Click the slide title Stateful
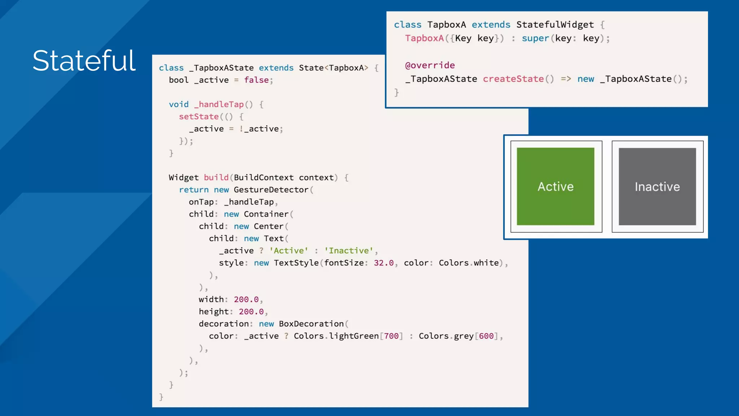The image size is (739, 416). (x=84, y=61)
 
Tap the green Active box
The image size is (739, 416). (x=555, y=186)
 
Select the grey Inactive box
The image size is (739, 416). (x=657, y=186)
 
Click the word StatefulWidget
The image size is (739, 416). (x=555, y=25)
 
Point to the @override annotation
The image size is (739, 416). (x=430, y=65)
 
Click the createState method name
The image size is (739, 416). (x=513, y=79)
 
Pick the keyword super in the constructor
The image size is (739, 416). (x=535, y=38)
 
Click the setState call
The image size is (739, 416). (x=199, y=117)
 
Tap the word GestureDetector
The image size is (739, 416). (x=271, y=190)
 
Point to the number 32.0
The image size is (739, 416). (x=384, y=263)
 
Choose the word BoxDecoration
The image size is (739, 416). (x=311, y=324)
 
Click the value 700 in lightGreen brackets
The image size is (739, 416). (x=391, y=336)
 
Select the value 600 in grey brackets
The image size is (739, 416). (x=486, y=336)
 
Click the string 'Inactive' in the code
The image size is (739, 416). (x=349, y=251)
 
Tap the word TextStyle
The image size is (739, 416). (x=296, y=263)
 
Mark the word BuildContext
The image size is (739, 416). (x=264, y=178)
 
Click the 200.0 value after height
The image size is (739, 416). (x=251, y=312)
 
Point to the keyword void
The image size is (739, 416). (x=179, y=104)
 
